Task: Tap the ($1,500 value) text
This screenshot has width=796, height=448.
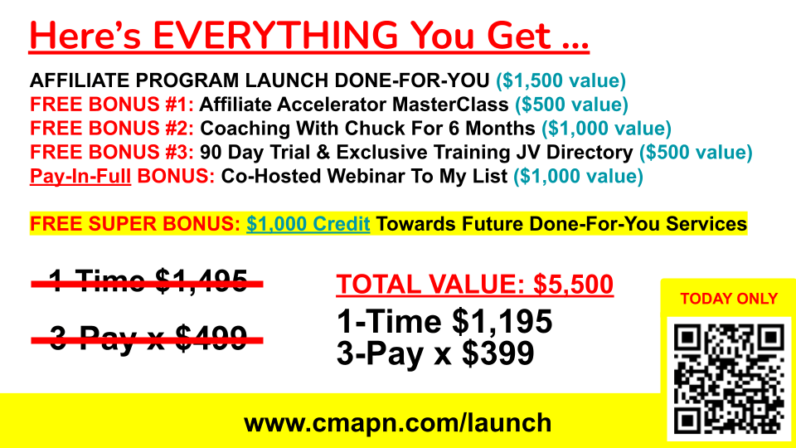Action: pyautogui.click(x=561, y=80)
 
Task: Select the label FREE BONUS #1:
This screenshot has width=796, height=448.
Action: pyautogui.click(x=112, y=105)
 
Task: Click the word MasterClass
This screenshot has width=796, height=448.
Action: pyautogui.click(x=450, y=105)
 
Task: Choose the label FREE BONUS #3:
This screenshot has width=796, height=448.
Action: pyautogui.click(x=112, y=153)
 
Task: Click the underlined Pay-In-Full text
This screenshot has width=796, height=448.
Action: pyautogui.click(x=80, y=176)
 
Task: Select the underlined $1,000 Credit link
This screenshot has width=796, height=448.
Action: pyautogui.click(x=308, y=224)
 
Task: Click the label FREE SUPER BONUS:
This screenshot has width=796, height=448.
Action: pyautogui.click(x=135, y=224)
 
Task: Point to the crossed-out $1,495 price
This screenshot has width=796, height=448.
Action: pyautogui.click(x=201, y=281)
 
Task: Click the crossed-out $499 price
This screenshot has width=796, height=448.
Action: pyautogui.click(x=211, y=338)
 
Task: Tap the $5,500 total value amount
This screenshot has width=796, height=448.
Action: pyautogui.click(x=573, y=285)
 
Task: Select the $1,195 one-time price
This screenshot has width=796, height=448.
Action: pyautogui.click(x=502, y=322)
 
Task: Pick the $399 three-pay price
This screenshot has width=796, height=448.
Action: pyautogui.click(x=498, y=353)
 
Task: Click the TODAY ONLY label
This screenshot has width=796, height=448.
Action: pyautogui.click(x=729, y=299)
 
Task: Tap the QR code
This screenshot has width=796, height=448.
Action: pyautogui.click(x=729, y=379)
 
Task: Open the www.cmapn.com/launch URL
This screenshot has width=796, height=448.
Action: pyautogui.click(x=397, y=423)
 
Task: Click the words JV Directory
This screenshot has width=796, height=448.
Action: pyautogui.click(x=575, y=153)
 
